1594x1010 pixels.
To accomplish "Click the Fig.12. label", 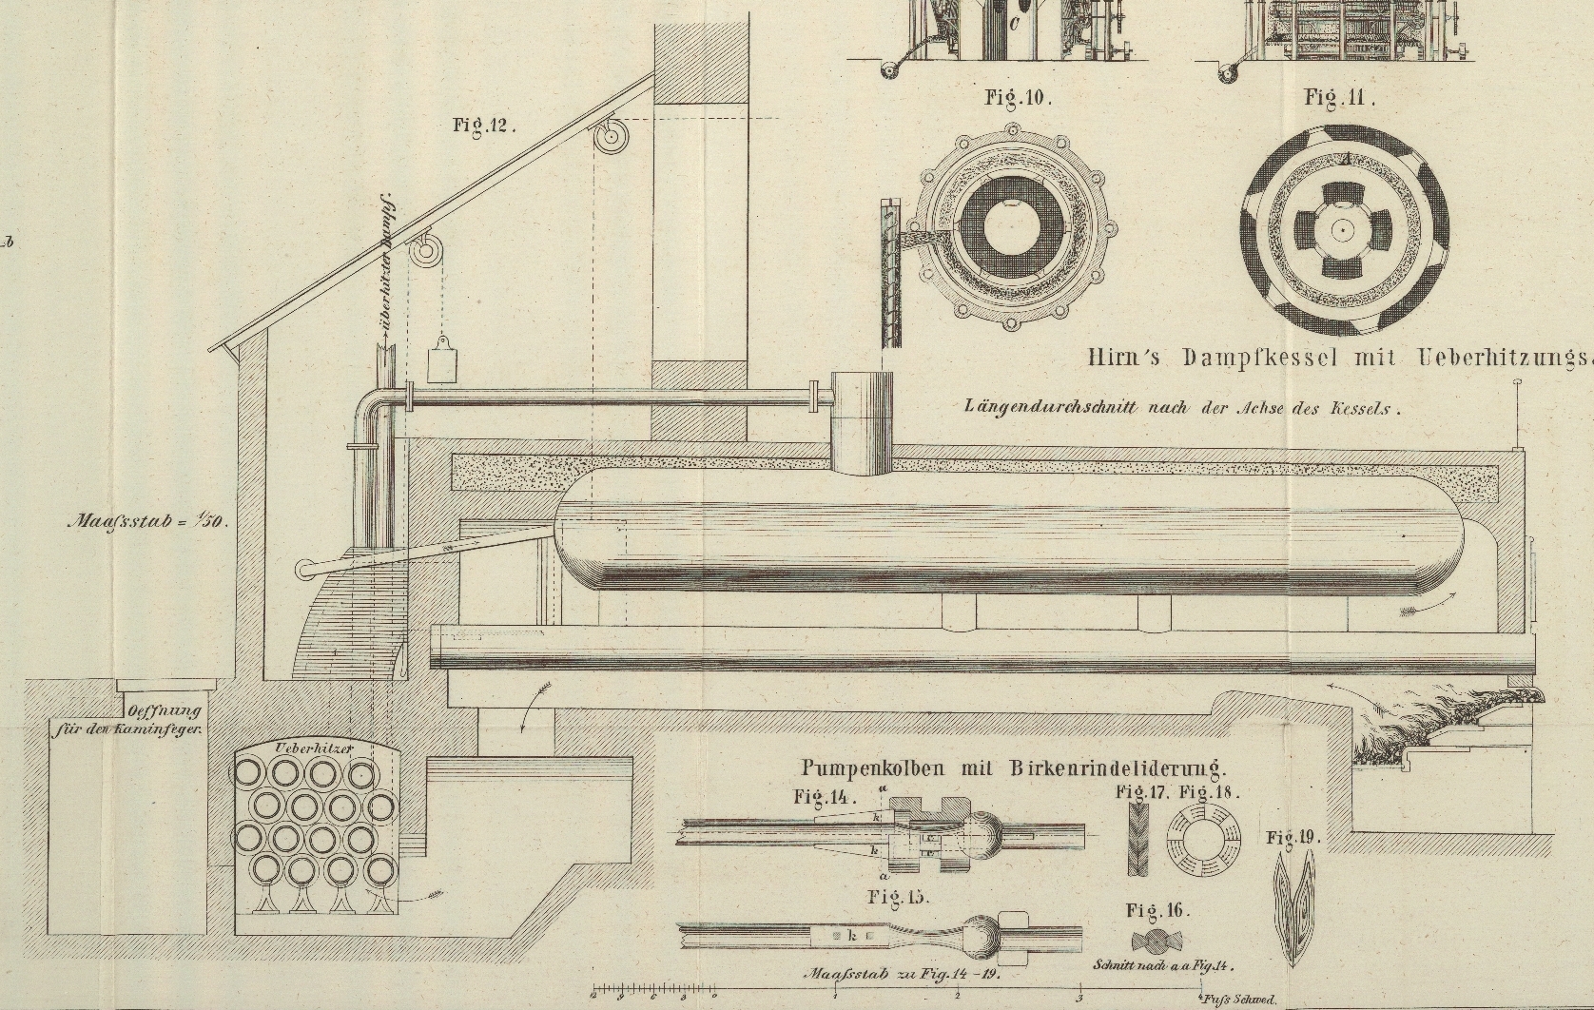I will point(484,126).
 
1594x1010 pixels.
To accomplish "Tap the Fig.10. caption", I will point(1019,97).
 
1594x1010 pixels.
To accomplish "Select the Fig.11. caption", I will point(1340,97).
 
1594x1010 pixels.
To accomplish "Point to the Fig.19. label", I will point(1293,838).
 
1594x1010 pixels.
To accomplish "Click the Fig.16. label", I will point(1157,910).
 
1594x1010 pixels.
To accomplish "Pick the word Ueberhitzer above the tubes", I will point(314,748).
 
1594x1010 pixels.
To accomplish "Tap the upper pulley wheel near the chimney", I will point(609,138).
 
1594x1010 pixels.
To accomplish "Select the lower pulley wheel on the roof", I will point(426,253).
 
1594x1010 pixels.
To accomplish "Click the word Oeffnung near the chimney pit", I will point(163,711).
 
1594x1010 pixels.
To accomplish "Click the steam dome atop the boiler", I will point(863,422).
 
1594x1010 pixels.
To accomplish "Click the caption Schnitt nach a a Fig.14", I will point(1163,965).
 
